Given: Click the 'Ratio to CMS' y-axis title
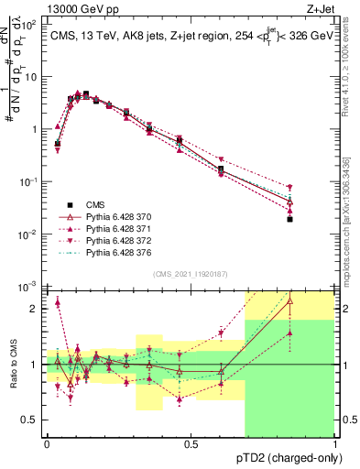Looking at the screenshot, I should (13, 365).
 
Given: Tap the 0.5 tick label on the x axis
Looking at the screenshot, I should (191, 444).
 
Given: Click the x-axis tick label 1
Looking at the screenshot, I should (334, 444).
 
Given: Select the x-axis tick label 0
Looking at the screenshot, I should (47, 444).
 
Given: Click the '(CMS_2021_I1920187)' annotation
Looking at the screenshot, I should (190, 274).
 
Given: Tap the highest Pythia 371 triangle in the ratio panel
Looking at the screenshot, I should (58, 301).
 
